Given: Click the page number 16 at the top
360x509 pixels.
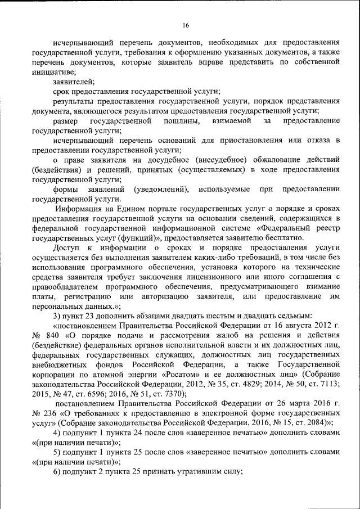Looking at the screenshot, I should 186,24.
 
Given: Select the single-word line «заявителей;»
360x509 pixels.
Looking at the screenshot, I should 70,82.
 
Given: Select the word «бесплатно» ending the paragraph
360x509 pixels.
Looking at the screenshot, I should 287,237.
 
